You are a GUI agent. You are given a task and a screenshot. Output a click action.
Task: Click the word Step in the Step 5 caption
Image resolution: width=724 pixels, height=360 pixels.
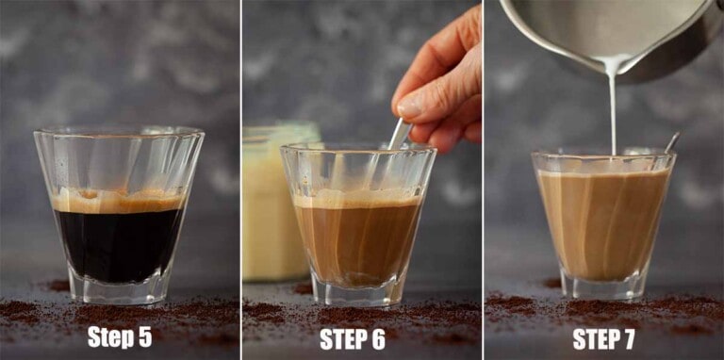111,337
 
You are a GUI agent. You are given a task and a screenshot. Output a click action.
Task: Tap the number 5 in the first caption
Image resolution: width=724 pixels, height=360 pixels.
145,337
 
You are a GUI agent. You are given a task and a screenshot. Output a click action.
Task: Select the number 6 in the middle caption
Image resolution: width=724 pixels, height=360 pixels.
378,338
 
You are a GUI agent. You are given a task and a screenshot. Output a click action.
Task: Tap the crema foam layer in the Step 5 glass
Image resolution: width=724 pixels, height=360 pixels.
117,201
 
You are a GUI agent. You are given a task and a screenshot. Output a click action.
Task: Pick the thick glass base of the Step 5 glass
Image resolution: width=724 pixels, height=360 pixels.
119,287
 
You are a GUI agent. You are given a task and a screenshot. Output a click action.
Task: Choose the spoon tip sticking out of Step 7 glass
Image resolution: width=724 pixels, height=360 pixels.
671,141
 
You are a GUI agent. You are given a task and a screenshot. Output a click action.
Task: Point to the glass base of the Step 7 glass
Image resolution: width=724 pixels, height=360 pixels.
603,285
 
